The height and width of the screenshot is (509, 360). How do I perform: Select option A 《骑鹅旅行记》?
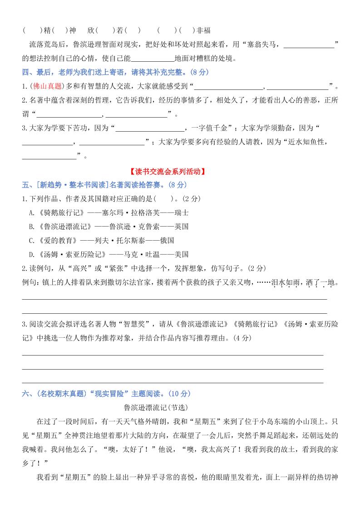coord(47,212)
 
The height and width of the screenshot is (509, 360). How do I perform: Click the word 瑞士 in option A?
coord(181,212)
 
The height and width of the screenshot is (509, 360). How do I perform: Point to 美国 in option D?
coord(181,254)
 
